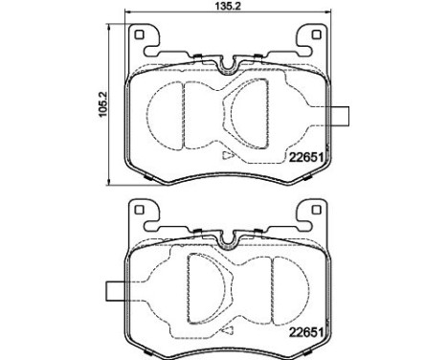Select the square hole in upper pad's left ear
click(140, 35)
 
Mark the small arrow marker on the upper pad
click(226, 153)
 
